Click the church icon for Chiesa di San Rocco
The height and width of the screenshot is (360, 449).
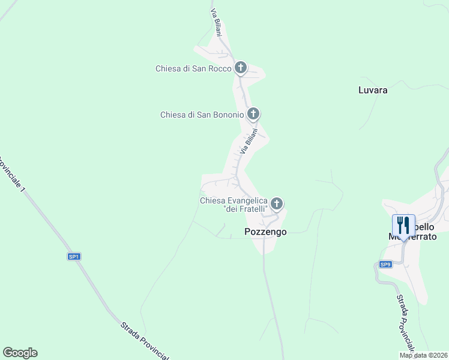(241, 68)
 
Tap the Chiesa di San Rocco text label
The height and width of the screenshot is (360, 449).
(193, 68)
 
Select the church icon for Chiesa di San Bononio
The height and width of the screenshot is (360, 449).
(253, 113)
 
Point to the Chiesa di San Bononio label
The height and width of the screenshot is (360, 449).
(202, 115)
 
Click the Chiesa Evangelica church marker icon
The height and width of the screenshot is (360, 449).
(277, 204)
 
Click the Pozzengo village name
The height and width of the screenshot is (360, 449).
(266, 232)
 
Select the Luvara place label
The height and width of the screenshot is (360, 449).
(373, 91)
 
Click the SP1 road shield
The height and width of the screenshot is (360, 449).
(74, 257)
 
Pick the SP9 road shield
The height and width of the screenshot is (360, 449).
(385, 264)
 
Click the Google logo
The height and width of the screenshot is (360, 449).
(20, 353)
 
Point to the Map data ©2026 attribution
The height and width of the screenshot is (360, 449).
(424, 355)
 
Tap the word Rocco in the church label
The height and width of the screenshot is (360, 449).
(220, 68)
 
